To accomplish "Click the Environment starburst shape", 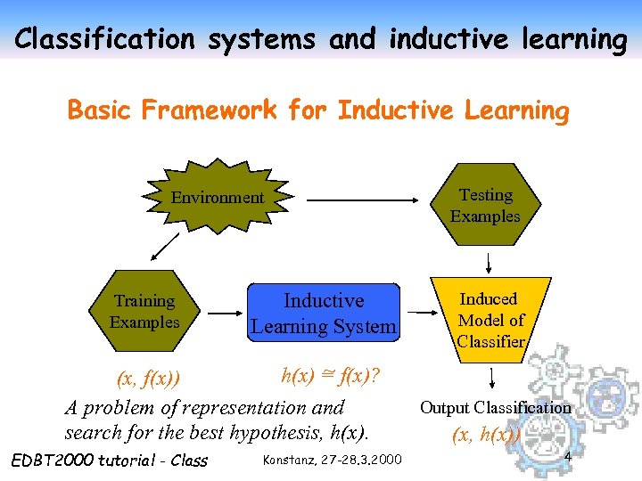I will click(218, 197).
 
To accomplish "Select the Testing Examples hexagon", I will click(485, 206).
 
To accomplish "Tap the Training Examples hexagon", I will click(144, 312).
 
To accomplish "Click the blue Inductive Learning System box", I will click(324, 314).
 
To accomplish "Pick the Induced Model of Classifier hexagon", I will click(490, 320).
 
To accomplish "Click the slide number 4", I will click(567, 456).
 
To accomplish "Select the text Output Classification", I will click(495, 408).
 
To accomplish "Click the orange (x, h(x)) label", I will click(486, 436).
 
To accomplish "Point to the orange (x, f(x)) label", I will click(149, 379).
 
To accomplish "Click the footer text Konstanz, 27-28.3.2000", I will click(333, 460).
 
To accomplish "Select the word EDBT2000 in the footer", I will click(50, 460).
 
